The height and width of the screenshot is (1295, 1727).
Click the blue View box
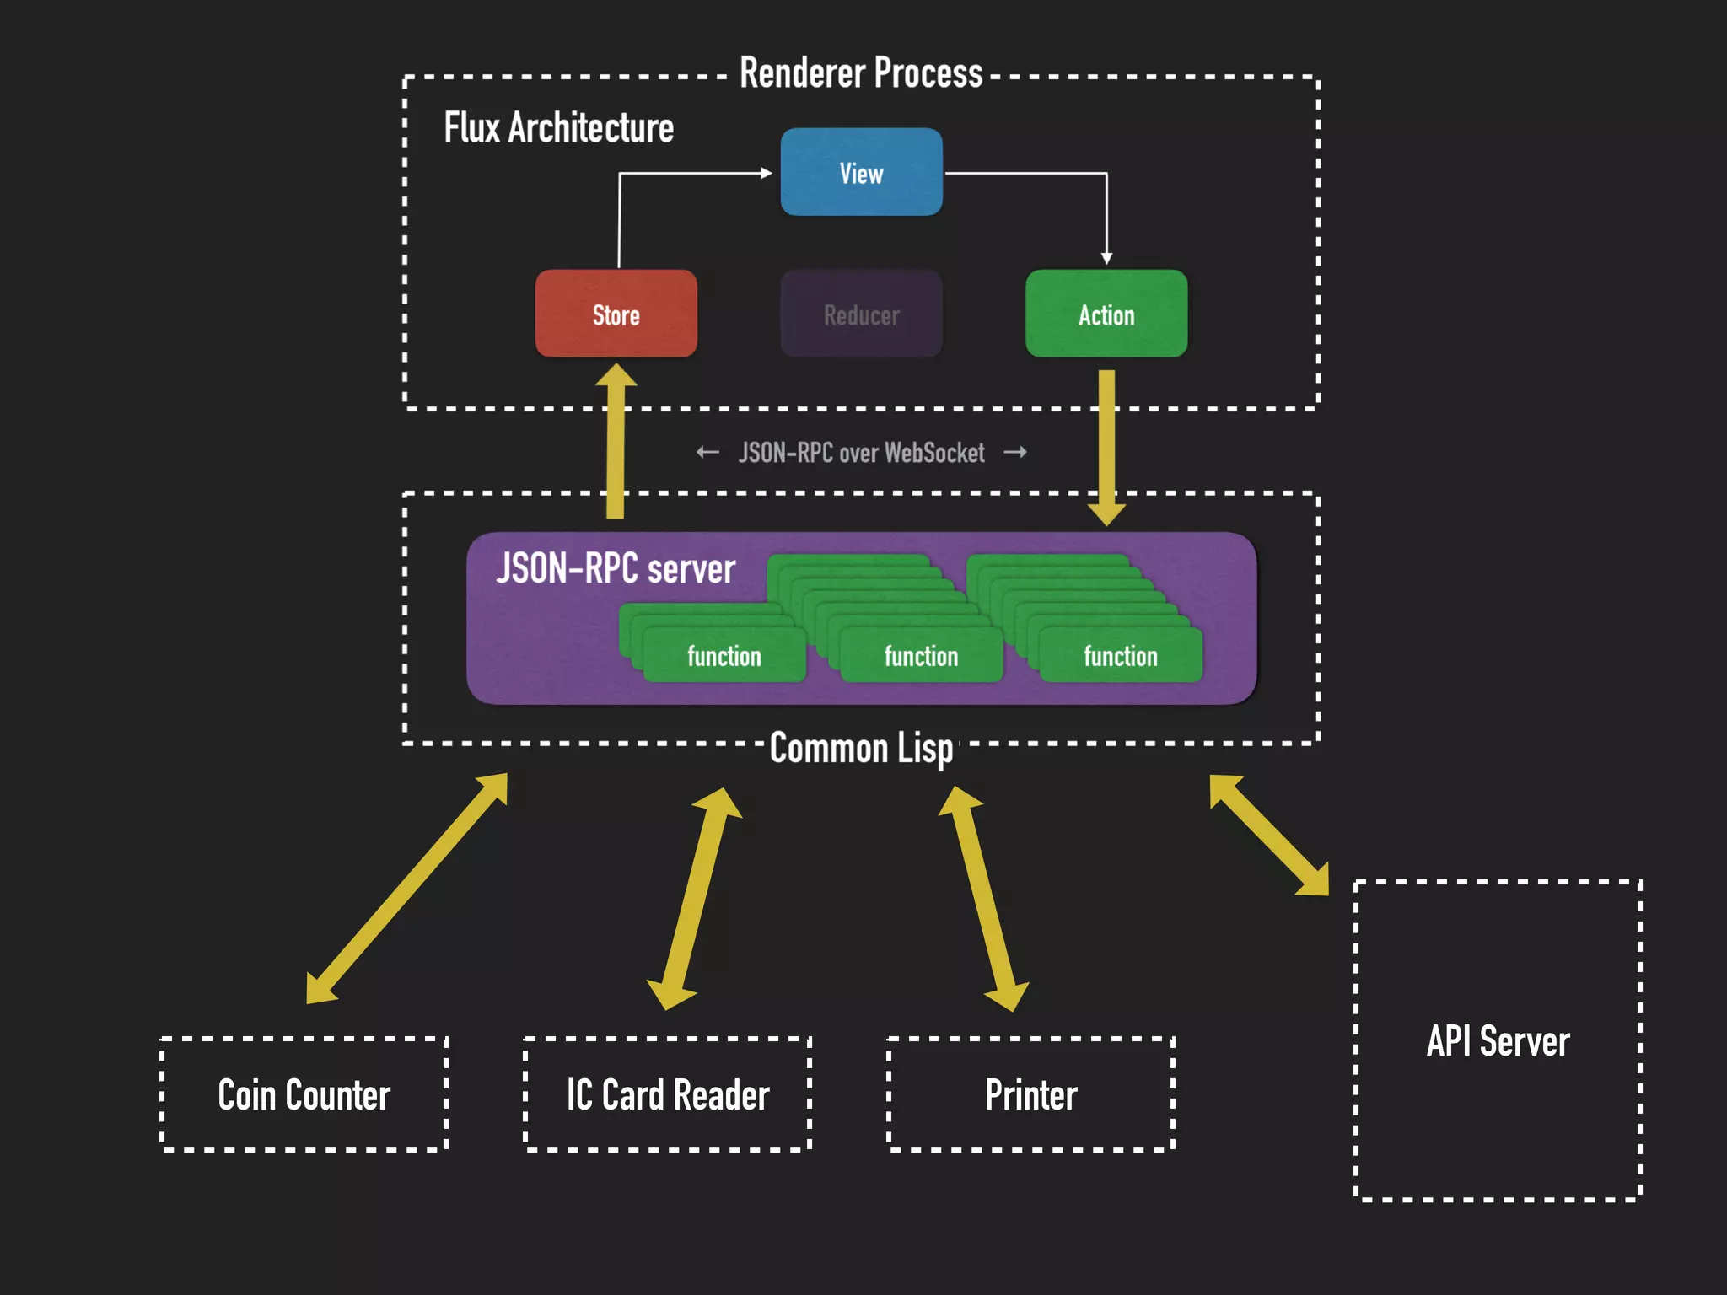pos(861,173)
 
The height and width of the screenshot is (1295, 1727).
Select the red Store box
pos(616,314)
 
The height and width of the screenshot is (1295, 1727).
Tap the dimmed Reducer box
pos(861,314)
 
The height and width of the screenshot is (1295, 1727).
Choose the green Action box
pos(1106,314)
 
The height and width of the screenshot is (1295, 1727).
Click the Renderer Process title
pos(861,73)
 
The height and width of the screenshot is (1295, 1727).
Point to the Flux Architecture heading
pos(558,128)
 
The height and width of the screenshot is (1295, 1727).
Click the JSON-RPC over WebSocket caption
pos(861,453)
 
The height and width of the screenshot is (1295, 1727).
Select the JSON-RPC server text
pos(616,568)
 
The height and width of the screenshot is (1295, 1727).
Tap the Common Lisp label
pos(861,748)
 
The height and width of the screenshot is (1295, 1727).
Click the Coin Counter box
pos(304,1094)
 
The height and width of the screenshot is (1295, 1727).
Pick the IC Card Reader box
pos(667,1094)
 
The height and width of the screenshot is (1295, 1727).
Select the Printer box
pos(1030,1094)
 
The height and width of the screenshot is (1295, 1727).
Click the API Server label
pos(1498,1041)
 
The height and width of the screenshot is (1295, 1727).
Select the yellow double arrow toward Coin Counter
pos(406,889)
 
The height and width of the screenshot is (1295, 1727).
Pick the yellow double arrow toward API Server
pos(1269,835)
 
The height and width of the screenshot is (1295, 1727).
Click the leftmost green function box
pos(724,656)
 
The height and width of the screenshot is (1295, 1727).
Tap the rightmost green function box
pos(1120,656)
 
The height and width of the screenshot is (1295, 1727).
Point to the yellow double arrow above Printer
pos(983,898)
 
